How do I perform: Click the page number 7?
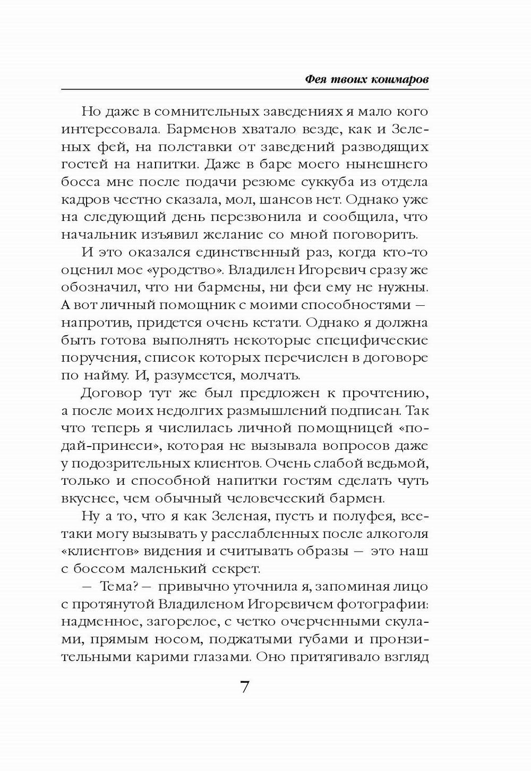point(245,687)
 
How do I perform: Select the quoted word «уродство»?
point(181,270)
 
